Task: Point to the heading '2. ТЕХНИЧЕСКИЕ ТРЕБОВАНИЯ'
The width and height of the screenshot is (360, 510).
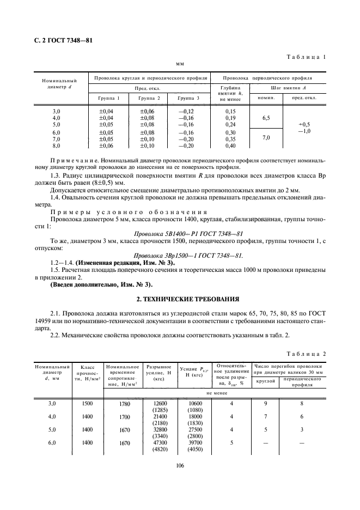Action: tap(180, 299)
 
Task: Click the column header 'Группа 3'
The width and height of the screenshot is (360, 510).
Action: tap(189, 99)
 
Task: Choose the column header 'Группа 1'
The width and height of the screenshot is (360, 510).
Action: tap(109, 99)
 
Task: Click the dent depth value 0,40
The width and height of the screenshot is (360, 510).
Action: tap(230, 146)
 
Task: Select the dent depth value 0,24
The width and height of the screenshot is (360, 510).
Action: tap(230, 124)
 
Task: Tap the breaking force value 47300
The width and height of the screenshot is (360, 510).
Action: tap(160, 444)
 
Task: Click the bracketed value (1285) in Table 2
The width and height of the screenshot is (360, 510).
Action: tap(160, 410)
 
